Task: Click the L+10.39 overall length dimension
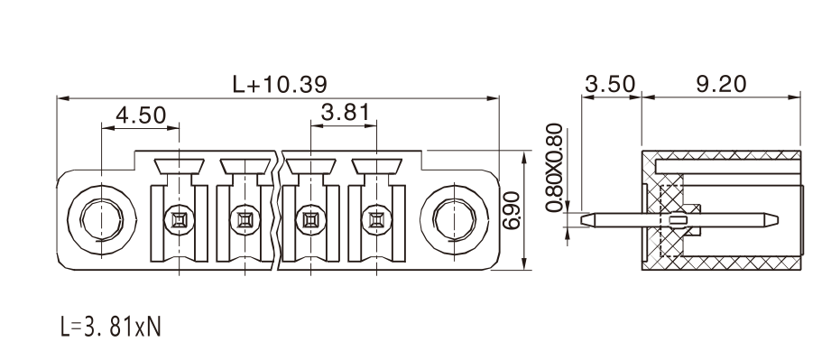[280, 84]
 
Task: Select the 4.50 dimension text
[141, 115]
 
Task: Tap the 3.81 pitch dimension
[345, 113]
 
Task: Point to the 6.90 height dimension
[512, 210]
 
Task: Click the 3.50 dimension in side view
[610, 84]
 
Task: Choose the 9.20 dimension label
[721, 84]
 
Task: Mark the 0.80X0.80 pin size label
[554, 168]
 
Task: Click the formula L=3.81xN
[110, 328]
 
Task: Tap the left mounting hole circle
[102, 219]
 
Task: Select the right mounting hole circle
[454, 219]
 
